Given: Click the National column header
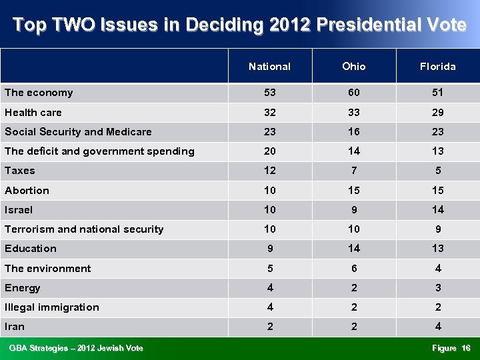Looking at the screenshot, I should [x=269, y=67].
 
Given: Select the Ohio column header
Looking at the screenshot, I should [x=353, y=67].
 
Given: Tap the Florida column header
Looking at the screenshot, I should [x=437, y=67].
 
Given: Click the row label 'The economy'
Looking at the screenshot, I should [x=39, y=93].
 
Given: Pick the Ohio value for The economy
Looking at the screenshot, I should [x=353, y=93].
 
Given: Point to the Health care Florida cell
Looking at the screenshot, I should [x=437, y=113].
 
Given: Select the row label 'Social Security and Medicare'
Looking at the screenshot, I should [x=78, y=132].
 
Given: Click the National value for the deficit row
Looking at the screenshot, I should [x=269, y=151].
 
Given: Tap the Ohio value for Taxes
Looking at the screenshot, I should [x=353, y=171].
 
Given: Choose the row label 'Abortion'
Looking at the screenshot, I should [x=27, y=191].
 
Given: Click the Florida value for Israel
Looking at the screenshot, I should [x=437, y=210].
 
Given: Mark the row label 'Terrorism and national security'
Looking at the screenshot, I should [x=84, y=229].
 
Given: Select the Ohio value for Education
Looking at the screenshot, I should [x=353, y=249].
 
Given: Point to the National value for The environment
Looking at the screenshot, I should [x=269, y=269].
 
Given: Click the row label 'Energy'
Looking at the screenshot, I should [x=23, y=288].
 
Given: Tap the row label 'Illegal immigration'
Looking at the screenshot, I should [x=52, y=307].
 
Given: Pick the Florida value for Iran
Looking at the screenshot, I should [x=437, y=327].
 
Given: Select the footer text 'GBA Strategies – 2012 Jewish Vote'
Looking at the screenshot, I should [x=76, y=348].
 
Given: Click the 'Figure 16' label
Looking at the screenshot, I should [x=451, y=348].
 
